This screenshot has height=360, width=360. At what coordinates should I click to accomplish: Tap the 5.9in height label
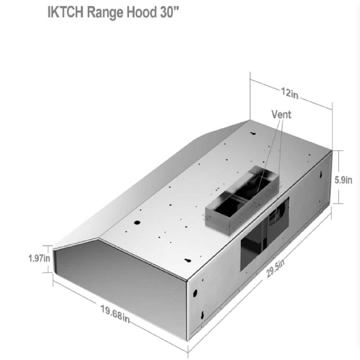[343, 180]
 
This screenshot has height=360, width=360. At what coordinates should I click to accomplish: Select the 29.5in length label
[276, 268]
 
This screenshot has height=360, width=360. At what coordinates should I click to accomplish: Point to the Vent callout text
[281, 114]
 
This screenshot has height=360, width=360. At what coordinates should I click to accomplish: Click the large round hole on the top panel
[137, 222]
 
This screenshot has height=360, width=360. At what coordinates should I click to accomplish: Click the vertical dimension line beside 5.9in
[338, 176]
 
